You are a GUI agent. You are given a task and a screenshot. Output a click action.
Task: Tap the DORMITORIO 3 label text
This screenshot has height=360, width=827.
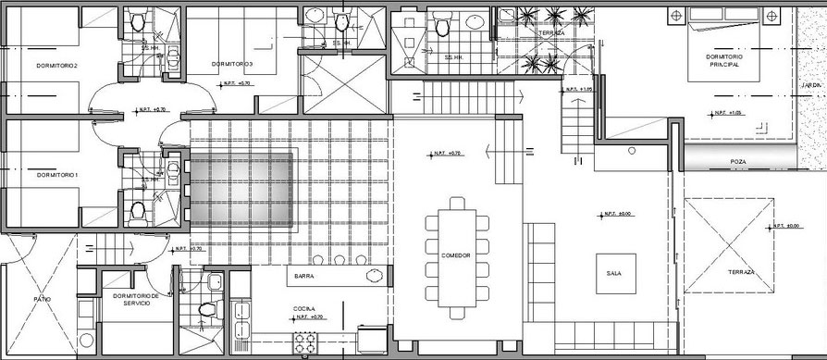point(231,64)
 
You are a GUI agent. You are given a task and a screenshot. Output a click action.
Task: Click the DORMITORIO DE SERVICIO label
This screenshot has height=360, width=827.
point(136,299)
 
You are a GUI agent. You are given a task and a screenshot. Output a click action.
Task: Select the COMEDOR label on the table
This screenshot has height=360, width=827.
point(456,255)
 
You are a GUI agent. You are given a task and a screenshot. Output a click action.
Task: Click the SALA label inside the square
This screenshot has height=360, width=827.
point(614,274)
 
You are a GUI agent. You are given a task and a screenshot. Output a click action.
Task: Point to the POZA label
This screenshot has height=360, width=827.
point(737,162)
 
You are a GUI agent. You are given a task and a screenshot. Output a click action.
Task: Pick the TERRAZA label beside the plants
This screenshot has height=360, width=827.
point(551,32)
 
